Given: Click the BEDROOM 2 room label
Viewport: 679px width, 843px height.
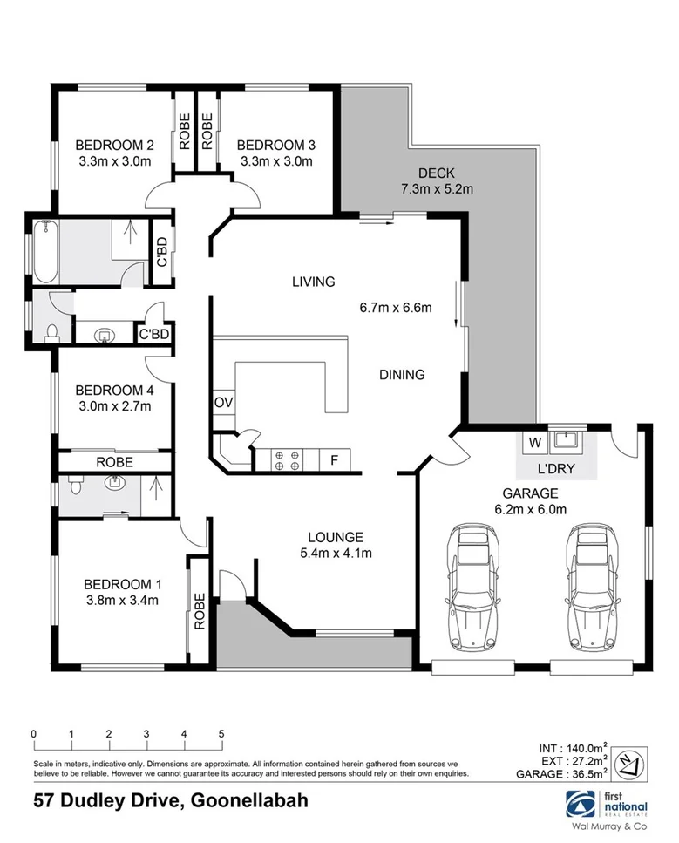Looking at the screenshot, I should pos(114,145).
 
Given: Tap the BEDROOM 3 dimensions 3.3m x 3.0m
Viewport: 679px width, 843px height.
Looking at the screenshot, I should pos(275,161).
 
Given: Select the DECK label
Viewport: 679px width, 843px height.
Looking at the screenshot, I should pos(436,173).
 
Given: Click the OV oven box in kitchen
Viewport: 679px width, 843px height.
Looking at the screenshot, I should pos(222,402).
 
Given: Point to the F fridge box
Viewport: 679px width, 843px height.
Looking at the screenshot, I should pos(333,459).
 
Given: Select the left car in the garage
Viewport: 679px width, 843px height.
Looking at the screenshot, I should pos(470,588).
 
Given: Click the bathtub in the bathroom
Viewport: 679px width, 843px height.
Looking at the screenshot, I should pos(44,252).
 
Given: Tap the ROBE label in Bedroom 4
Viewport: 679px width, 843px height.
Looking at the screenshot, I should pos(114,461).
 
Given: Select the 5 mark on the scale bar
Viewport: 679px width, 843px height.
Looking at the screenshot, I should pos(221,734).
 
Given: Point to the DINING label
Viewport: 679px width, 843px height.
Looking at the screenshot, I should pos(402,375).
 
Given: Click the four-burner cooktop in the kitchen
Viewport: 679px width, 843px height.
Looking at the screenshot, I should pos(288,459).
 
